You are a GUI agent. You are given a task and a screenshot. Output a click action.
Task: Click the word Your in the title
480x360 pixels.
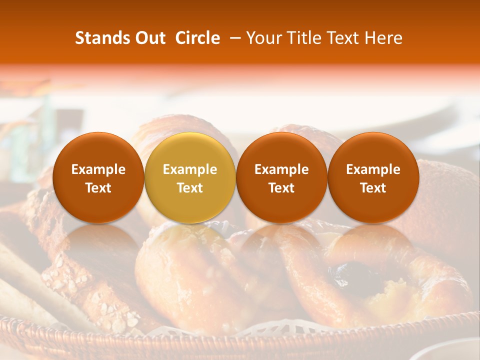pos(263,38)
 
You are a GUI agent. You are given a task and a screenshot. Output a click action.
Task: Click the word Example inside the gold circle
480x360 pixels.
pos(190,169)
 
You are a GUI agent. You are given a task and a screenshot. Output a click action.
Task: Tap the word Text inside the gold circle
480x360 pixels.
pos(190,188)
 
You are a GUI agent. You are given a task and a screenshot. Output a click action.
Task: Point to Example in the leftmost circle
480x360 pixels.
pos(98,169)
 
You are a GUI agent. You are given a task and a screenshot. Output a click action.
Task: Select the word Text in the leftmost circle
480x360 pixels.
pos(98,188)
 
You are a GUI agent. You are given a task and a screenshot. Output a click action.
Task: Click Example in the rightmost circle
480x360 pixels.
pos(373,169)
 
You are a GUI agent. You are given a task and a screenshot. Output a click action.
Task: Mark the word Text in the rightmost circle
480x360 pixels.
pos(373,188)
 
